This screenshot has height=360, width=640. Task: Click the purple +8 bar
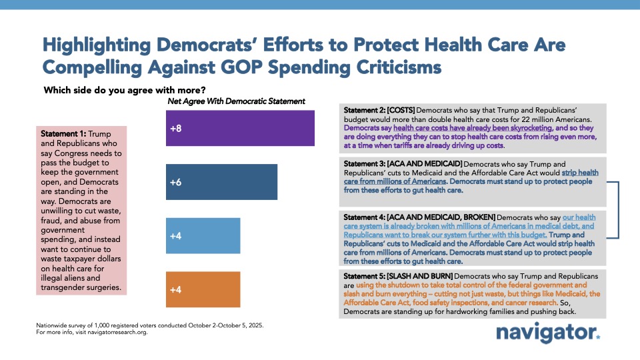tap(240, 128)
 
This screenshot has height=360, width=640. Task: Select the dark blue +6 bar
tap(221, 182)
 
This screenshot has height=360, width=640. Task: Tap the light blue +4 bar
tap(203, 235)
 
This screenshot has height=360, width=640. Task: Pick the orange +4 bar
tap(203, 290)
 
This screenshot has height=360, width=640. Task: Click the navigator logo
tap(547, 333)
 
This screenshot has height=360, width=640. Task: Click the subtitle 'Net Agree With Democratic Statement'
tap(236, 101)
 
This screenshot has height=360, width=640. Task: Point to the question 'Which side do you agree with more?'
tap(124, 90)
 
